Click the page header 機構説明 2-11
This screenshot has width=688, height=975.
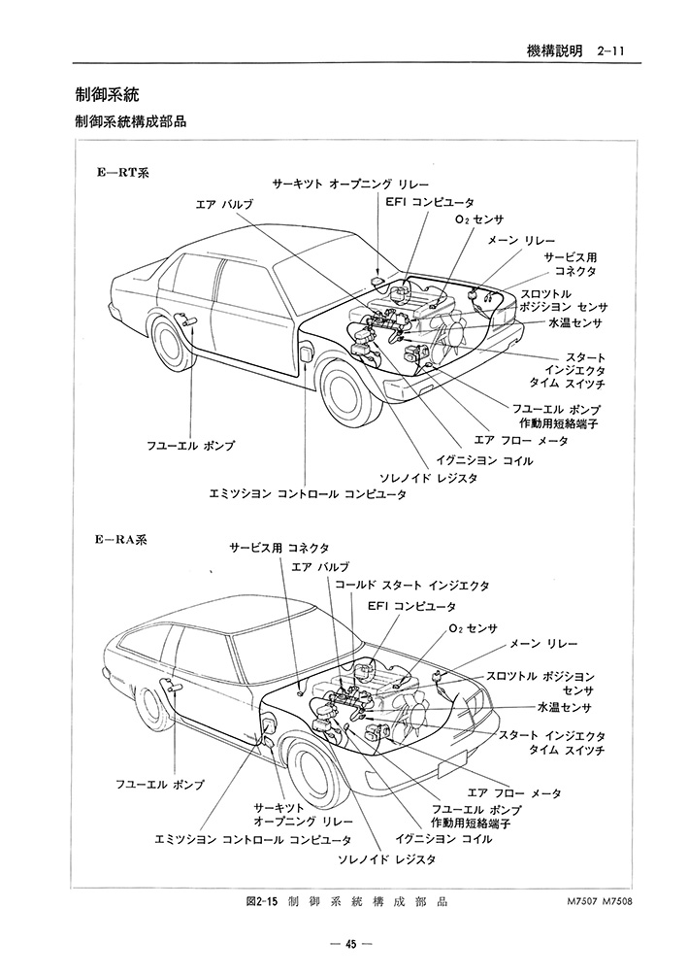(x=574, y=51)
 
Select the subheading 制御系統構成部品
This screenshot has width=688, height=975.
(x=130, y=121)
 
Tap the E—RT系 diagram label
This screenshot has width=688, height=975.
(x=122, y=172)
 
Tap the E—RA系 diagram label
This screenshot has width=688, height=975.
(x=122, y=539)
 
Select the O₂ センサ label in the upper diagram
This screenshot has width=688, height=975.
(x=478, y=219)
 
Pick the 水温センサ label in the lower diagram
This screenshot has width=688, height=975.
(x=565, y=707)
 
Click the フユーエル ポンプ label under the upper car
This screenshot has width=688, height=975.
(x=191, y=445)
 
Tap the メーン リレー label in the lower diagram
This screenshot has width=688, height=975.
(x=543, y=644)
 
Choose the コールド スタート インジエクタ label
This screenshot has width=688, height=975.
(x=412, y=586)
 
